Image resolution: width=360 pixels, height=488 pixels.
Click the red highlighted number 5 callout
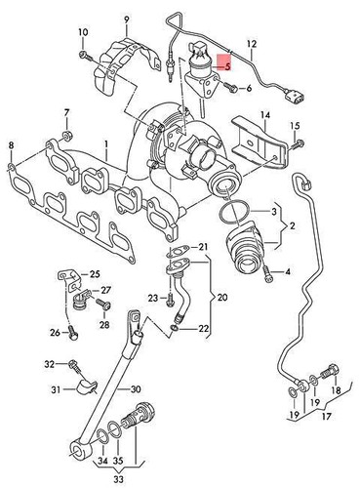pyautogui.click(x=226, y=67)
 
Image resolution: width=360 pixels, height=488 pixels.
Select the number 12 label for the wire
pyautogui.click(x=251, y=44)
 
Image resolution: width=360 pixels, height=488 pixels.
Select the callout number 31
pyautogui.click(x=56, y=390)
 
